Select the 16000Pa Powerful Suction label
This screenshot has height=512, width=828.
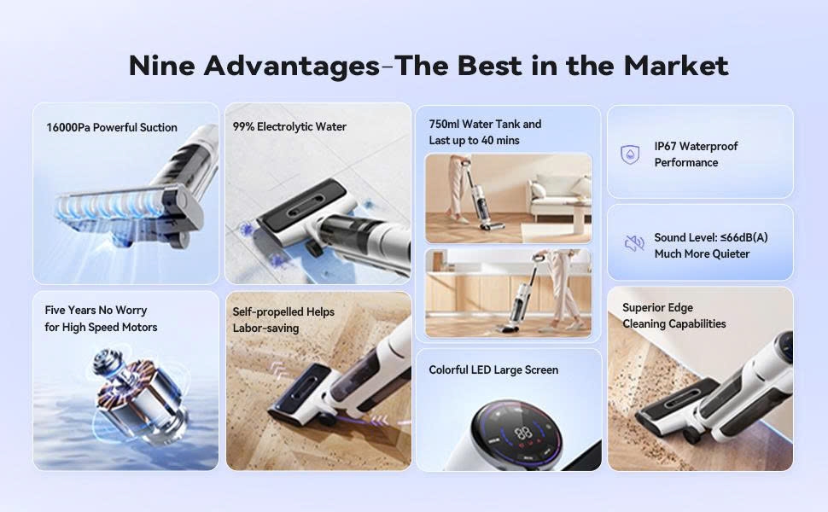(x=112, y=128)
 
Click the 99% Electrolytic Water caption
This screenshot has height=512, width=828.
(x=289, y=127)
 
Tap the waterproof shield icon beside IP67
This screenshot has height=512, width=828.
(x=630, y=154)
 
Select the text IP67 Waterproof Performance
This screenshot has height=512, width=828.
(x=696, y=154)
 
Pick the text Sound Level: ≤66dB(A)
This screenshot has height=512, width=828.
(x=710, y=238)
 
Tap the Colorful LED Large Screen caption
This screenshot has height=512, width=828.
(x=493, y=370)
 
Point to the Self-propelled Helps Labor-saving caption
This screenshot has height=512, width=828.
(x=283, y=320)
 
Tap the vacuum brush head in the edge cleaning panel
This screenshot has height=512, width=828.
(x=674, y=410)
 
